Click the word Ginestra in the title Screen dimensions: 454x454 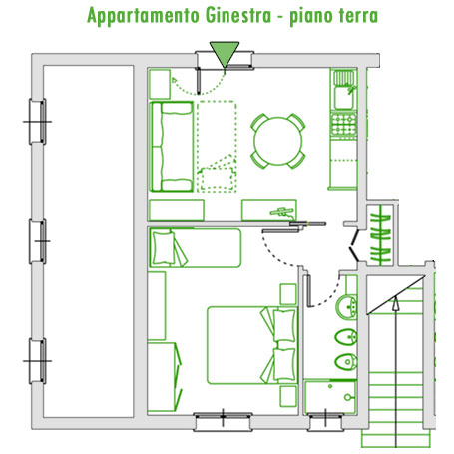238,15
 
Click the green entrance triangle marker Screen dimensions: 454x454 225,54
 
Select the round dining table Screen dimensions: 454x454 278,141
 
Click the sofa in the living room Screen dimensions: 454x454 172,147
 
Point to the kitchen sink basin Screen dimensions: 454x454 344,98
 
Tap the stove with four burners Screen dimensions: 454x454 344,125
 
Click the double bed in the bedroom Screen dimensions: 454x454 252,345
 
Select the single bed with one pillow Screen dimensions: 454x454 195,247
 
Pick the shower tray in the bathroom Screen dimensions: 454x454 330,397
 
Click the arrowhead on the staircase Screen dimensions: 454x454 395,303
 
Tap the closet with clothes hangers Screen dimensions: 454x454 380,234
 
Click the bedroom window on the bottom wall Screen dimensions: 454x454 223,422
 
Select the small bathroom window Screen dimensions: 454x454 325,422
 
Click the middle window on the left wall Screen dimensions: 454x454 38,241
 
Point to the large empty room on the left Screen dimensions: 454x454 89,241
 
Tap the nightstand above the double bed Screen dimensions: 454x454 288,294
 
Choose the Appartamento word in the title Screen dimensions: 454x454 143,16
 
